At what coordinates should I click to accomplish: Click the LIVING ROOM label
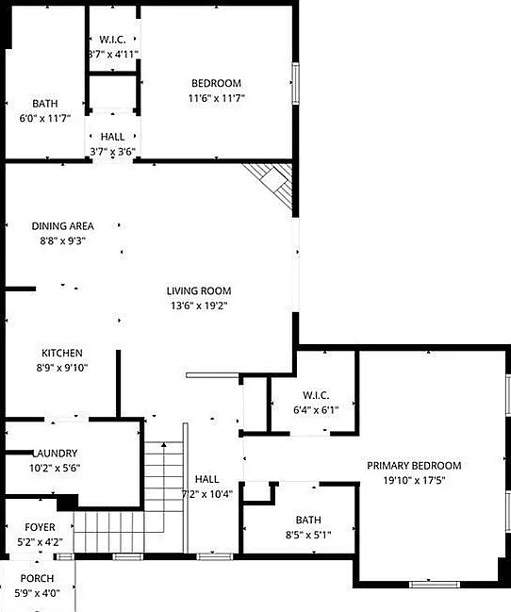(199, 290)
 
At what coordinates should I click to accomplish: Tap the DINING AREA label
(62, 226)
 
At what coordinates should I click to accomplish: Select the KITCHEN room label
(62, 353)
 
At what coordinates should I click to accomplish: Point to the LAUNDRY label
(55, 454)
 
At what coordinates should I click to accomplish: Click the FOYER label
(40, 527)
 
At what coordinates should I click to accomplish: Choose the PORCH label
(37, 578)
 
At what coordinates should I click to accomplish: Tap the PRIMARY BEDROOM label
(414, 466)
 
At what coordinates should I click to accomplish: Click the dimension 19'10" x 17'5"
(414, 480)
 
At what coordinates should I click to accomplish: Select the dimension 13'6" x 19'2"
(199, 306)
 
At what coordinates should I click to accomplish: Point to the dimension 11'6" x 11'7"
(216, 98)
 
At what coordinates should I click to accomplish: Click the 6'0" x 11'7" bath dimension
(45, 118)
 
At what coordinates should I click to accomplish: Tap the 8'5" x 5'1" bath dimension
(308, 535)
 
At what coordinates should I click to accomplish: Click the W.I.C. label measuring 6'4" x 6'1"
(316, 395)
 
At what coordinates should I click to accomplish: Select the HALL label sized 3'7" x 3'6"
(112, 137)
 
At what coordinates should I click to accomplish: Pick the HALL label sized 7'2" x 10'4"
(206, 479)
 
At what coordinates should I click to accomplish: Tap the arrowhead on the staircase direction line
(164, 444)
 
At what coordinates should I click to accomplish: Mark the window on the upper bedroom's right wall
(296, 83)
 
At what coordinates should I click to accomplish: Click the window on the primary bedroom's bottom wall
(435, 585)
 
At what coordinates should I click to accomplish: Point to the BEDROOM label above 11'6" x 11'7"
(216, 84)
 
